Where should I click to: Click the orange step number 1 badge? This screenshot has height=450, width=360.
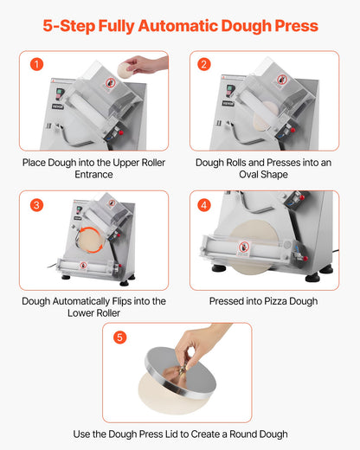coord(36,65)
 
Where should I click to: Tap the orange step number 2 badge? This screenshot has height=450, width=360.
coord(204,65)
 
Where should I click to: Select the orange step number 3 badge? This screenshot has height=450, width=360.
coord(36,205)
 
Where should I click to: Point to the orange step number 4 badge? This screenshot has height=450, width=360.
coord(204,205)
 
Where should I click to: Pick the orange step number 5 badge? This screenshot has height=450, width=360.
coord(120,337)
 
